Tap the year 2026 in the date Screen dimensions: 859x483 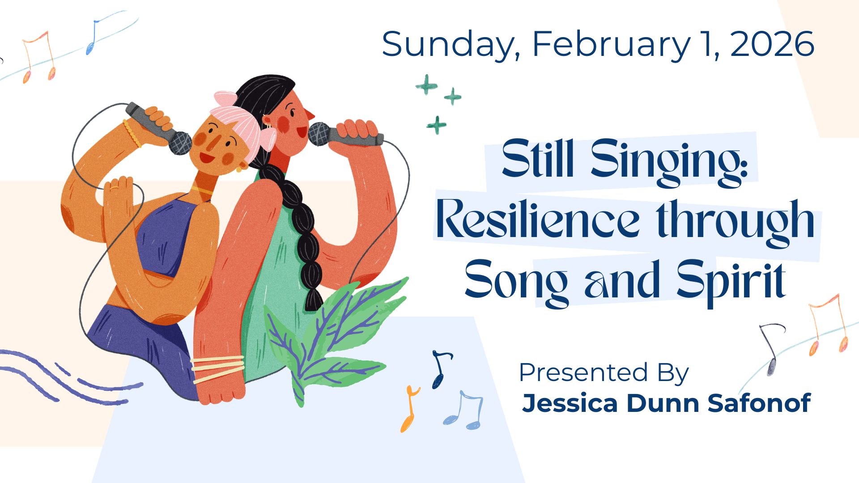coord(772,44)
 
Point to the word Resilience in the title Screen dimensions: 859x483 coord(537,220)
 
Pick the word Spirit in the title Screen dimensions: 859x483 coord(731,281)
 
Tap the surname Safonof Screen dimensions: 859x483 coord(759,403)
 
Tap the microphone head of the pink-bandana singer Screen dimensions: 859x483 coord(180,143)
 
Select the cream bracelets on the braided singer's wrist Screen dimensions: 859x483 coord(218,369)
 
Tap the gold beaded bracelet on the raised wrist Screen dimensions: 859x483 coord(132,133)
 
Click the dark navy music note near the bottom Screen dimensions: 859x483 coord(441,369)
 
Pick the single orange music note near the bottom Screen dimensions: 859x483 coord(409,409)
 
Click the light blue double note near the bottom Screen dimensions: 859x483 coord(464,410)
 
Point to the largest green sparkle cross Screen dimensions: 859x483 coord(426,85)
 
